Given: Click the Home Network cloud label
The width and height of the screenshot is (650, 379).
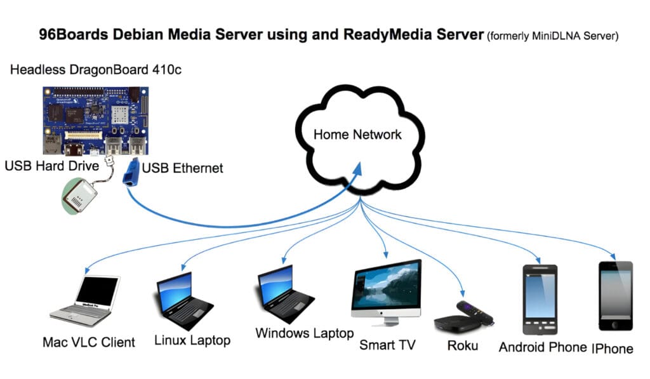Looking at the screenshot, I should tap(357, 135).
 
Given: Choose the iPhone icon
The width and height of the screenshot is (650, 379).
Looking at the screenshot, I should tap(615, 295).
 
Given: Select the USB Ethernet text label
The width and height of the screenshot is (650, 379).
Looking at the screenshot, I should tap(183, 168).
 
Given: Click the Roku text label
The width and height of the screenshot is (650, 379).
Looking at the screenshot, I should tap(462, 346).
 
